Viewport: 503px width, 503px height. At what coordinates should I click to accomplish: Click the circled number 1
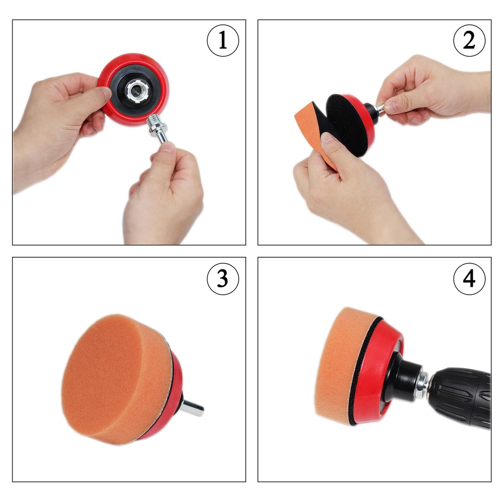(223, 41)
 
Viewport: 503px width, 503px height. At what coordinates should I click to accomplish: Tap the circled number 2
(469, 41)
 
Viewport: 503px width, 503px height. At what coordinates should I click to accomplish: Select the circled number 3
(223, 278)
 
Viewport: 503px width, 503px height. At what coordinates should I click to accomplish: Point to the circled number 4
(469, 278)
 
